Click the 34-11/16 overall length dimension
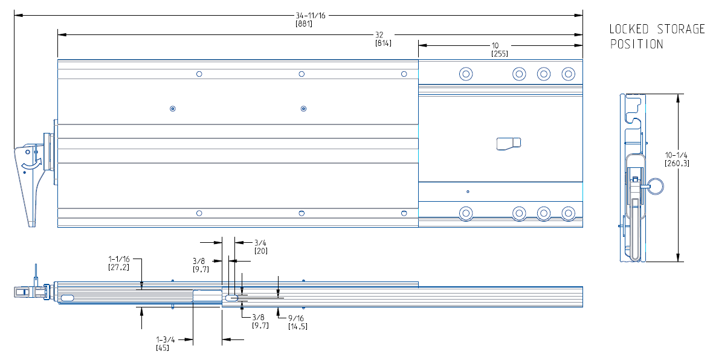pos(310,16)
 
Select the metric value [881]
pos(303,24)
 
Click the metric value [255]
pos(499,54)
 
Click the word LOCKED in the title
pos(628,29)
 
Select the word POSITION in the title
pos(636,44)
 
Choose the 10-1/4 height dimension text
pos(676,155)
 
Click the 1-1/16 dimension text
pos(119,259)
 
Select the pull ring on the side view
pos(656,186)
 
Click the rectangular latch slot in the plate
pos(508,143)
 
